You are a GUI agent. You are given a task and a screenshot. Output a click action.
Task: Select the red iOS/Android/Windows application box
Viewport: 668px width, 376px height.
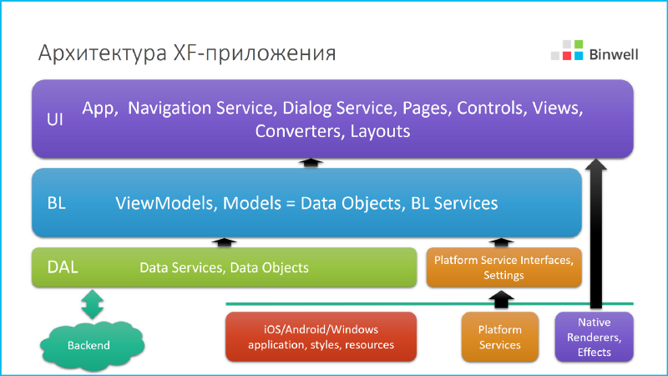click(x=321, y=337)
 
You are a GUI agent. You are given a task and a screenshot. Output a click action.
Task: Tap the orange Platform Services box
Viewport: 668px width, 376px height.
click(x=500, y=337)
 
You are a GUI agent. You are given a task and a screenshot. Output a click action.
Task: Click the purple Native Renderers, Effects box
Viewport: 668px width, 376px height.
click(x=594, y=337)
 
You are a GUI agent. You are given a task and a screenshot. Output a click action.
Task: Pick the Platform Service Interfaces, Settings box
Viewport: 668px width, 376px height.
click(x=503, y=267)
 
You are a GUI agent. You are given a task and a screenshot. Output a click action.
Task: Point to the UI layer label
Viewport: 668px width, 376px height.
click(x=55, y=119)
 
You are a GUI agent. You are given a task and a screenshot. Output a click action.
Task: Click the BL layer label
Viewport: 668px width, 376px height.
click(x=57, y=203)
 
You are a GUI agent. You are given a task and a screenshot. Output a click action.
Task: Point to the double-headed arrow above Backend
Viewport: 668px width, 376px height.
click(x=92, y=304)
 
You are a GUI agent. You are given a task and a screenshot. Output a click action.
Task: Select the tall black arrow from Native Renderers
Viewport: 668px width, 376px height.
click(x=595, y=234)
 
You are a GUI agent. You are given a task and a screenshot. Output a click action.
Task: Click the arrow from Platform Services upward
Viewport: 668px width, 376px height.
click(x=500, y=297)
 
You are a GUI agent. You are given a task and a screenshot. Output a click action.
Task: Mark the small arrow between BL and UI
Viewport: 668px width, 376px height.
click(x=311, y=162)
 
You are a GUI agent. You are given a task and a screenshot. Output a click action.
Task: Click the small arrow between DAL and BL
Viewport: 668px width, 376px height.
click(x=224, y=242)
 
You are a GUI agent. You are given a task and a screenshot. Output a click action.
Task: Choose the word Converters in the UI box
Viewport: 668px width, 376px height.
click(x=298, y=131)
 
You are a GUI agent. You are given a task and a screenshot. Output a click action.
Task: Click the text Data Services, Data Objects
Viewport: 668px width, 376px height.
click(x=224, y=268)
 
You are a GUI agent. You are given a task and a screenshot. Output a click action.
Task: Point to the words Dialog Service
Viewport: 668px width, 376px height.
click(x=338, y=108)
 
